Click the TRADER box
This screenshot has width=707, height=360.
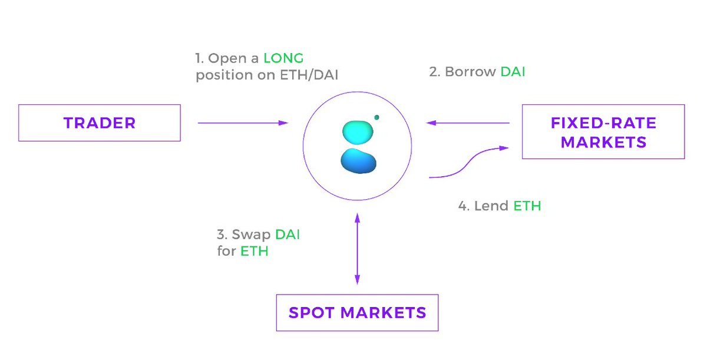point(99,123)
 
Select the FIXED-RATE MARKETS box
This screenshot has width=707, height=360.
point(603,132)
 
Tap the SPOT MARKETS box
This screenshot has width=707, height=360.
point(357,312)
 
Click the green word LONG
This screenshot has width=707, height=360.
point(283,58)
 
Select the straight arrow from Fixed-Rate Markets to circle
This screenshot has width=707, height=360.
point(468,123)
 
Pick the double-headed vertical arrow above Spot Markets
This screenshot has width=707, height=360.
point(357,249)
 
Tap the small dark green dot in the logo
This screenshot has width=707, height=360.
point(376,117)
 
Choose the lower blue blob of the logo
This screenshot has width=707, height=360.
point(358,161)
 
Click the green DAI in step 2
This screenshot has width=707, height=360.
point(513,72)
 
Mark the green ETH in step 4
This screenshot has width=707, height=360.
point(527,206)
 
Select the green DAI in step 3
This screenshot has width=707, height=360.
point(288,235)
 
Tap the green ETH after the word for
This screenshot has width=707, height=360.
point(255,252)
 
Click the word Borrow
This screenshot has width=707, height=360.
point(470,72)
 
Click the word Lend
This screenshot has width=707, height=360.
point(491,206)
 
